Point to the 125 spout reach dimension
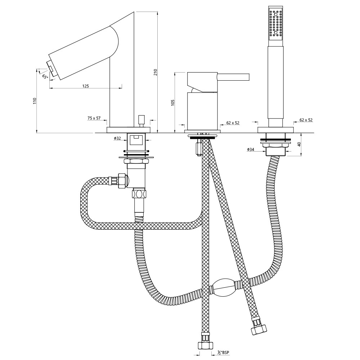[x=85, y=86]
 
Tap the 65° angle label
[x=45, y=76]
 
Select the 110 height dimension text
[x=35, y=101]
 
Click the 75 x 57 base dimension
[x=94, y=118]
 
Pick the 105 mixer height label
[x=173, y=103]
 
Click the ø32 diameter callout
[x=117, y=138]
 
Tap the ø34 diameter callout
[x=251, y=149]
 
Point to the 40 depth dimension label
[x=299, y=144]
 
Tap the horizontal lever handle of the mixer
[x=233, y=77]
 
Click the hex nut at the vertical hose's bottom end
[x=205, y=345]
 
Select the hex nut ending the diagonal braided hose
[x=259, y=329]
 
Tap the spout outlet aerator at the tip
[x=51, y=68]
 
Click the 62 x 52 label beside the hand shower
[x=306, y=120]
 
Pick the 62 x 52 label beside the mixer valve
[x=233, y=123]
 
